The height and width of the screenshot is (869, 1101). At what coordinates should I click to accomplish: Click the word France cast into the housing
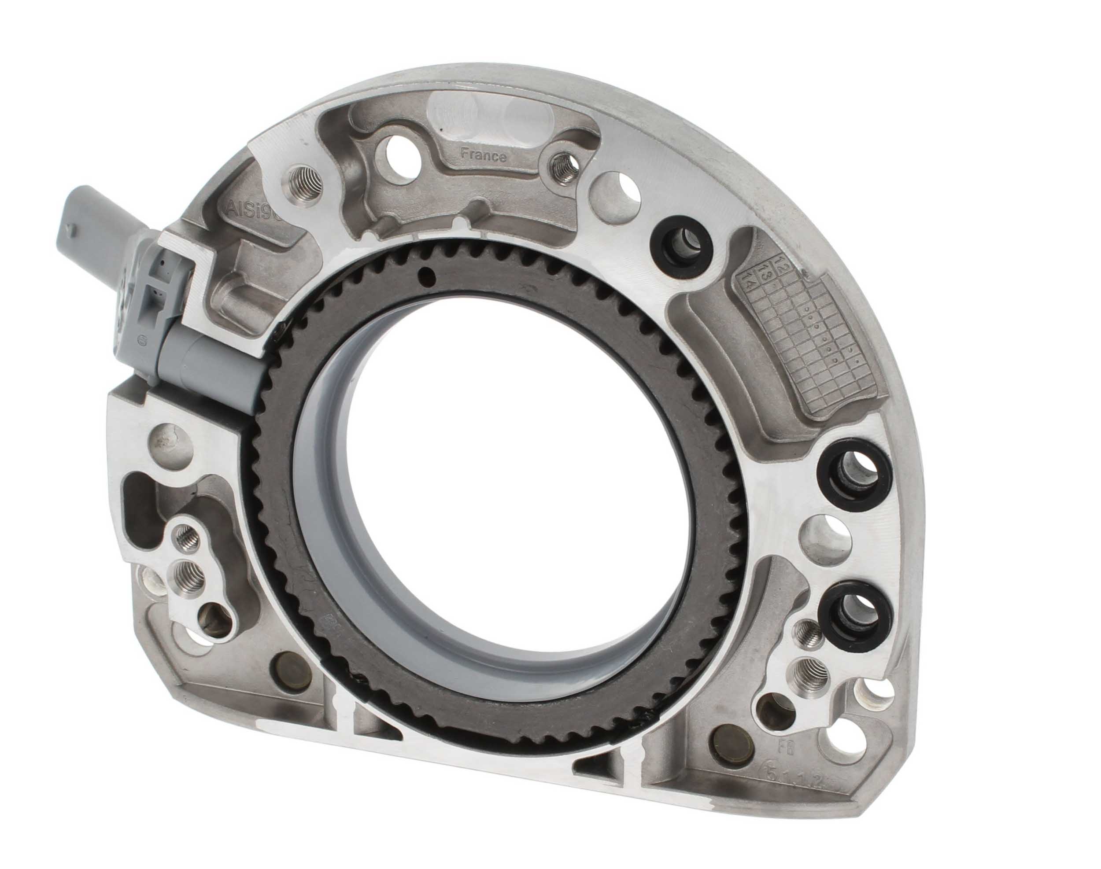483,155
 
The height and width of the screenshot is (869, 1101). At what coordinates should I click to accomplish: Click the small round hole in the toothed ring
427,275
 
